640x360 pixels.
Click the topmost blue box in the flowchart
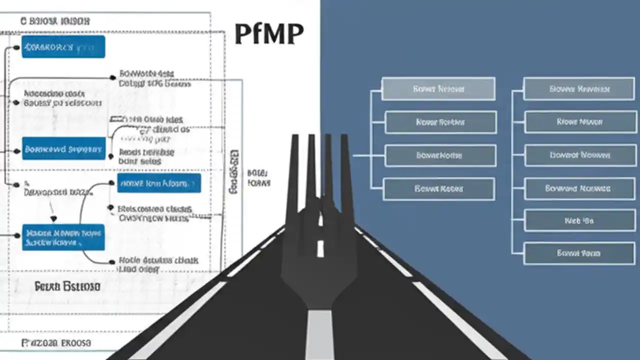pyautogui.click(x=63, y=47)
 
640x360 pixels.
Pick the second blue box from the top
pyautogui.click(x=63, y=149)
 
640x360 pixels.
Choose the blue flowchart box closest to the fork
pyautogui.click(x=159, y=183)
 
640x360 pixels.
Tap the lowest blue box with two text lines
pyautogui.click(x=63, y=237)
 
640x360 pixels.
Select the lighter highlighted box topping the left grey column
pyautogui.click(x=438, y=89)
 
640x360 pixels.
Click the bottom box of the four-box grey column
pyautogui.click(x=438, y=189)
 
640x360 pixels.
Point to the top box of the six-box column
pyautogui.click(x=579, y=89)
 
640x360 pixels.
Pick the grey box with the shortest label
pyautogui.click(x=579, y=220)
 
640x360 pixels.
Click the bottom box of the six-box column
pyautogui.click(x=579, y=253)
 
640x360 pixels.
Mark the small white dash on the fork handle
pyautogui.click(x=320, y=248)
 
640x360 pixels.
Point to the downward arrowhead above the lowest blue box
pyautogui.click(x=53, y=219)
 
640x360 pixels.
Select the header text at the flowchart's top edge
pyautogui.click(x=55, y=21)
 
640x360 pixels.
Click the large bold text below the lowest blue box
pyautogui.click(x=67, y=286)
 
